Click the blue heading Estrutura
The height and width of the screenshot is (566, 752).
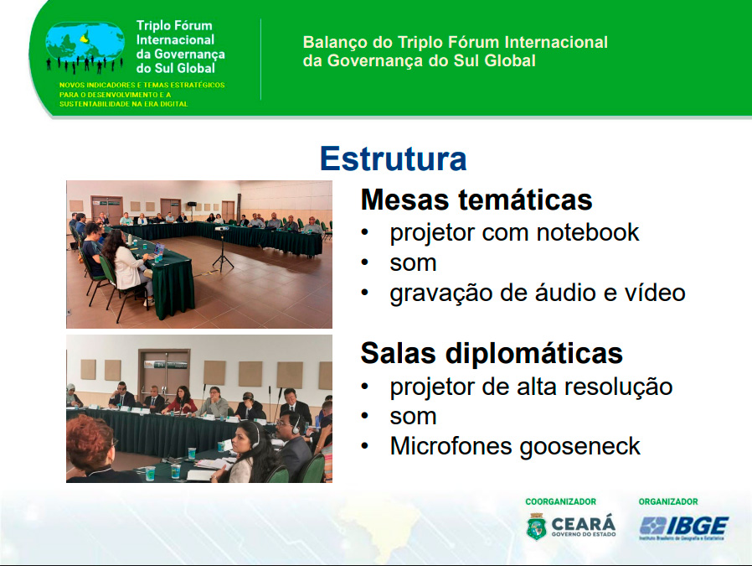[x=394, y=158]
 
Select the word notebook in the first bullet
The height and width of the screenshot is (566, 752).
[x=588, y=232]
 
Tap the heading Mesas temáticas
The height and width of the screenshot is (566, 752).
[x=476, y=200]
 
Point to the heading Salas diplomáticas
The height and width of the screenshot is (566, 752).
[x=492, y=353]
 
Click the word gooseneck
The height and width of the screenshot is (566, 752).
[x=579, y=447]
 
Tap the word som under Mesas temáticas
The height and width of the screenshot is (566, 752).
[x=413, y=263]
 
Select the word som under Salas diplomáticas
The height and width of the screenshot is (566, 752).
[x=413, y=417]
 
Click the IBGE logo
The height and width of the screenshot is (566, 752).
[x=684, y=527]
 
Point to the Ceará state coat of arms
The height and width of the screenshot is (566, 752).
[x=537, y=527]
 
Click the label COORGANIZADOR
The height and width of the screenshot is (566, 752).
[x=560, y=501]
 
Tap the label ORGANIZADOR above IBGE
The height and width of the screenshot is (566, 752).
[x=668, y=501]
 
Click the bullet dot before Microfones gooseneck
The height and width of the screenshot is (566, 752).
[x=365, y=446]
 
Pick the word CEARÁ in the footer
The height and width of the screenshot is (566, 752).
[x=583, y=524]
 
